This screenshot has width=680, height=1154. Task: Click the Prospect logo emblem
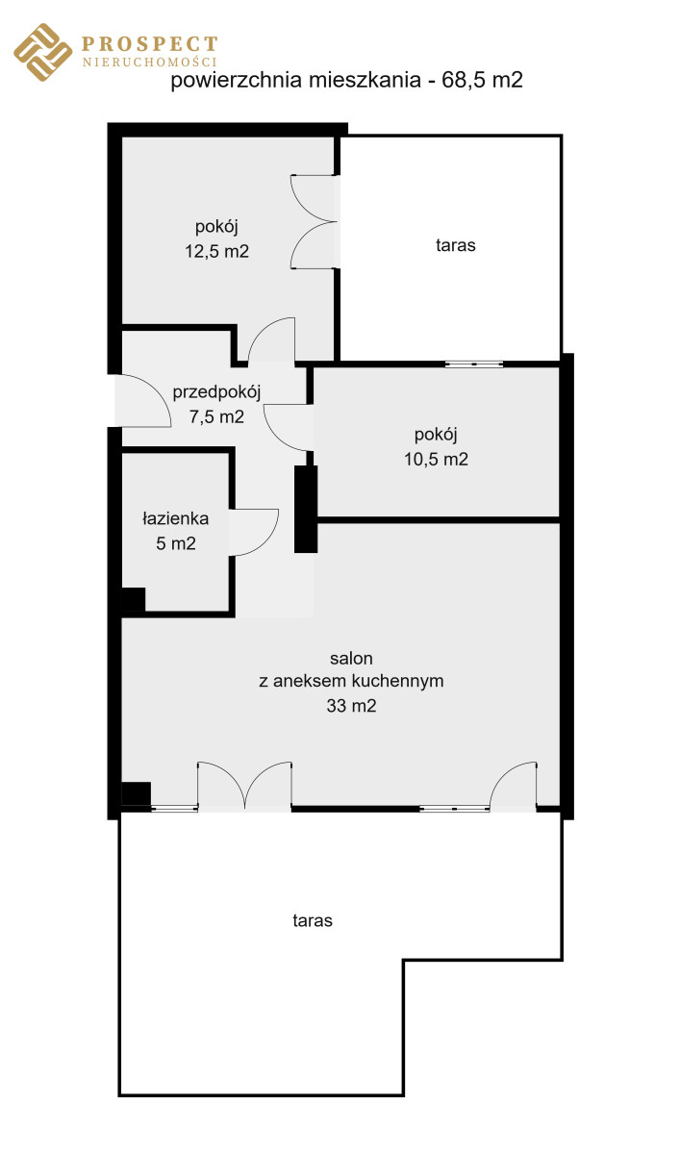pos(42,52)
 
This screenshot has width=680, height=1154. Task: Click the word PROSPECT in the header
pos(149,44)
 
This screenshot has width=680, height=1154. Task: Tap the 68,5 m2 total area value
pos(482,80)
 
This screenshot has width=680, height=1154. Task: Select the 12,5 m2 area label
pos(216,251)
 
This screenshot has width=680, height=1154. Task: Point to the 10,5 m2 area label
pos(436,459)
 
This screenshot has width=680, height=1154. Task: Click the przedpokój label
pos(216,392)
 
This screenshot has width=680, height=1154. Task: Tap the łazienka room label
pos(176,518)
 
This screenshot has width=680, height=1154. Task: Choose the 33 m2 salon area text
pos(351,705)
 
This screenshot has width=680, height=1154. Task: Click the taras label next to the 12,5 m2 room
pos(455,245)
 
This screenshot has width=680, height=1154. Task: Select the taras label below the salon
pos(313,920)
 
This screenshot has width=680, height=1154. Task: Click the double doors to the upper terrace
pos(314,222)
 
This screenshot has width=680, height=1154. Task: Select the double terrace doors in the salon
pos(244,786)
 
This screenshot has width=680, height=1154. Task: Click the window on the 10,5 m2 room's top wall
pos(474,364)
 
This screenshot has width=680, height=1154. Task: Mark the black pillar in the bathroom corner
pos(134,599)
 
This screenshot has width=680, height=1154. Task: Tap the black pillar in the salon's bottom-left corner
pos(136,794)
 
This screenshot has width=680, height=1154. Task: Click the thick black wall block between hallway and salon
pos(306,509)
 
